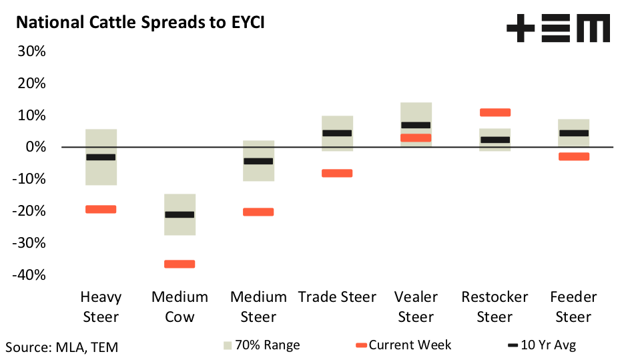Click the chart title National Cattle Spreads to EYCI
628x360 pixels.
[x=140, y=23]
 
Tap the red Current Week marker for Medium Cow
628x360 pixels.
[x=180, y=264]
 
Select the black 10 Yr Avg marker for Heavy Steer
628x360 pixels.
[x=101, y=157]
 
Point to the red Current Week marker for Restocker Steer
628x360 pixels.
[x=495, y=112]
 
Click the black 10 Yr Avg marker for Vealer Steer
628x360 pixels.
[x=416, y=125]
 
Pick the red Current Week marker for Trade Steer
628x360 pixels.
[x=337, y=173]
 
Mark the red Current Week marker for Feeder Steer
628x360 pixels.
[x=574, y=156]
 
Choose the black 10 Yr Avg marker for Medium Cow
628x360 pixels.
[x=180, y=214]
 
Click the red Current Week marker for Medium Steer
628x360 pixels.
[x=258, y=212]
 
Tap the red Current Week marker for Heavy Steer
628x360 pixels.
[x=101, y=209]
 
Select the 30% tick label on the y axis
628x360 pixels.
[x=31, y=51]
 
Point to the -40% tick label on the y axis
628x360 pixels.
[x=29, y=275]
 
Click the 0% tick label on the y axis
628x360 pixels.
[x=35, y=147]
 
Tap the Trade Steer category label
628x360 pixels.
[x=337, y=297]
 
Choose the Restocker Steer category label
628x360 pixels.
[x=495, y=307]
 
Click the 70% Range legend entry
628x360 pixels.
[x=262, y=345]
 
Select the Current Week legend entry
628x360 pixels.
[x=404, y=345]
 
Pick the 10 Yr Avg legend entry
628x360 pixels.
[x=542, y=345]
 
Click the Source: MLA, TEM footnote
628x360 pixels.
[x=61, y=347]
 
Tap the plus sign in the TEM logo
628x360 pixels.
[x=521, y=28]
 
